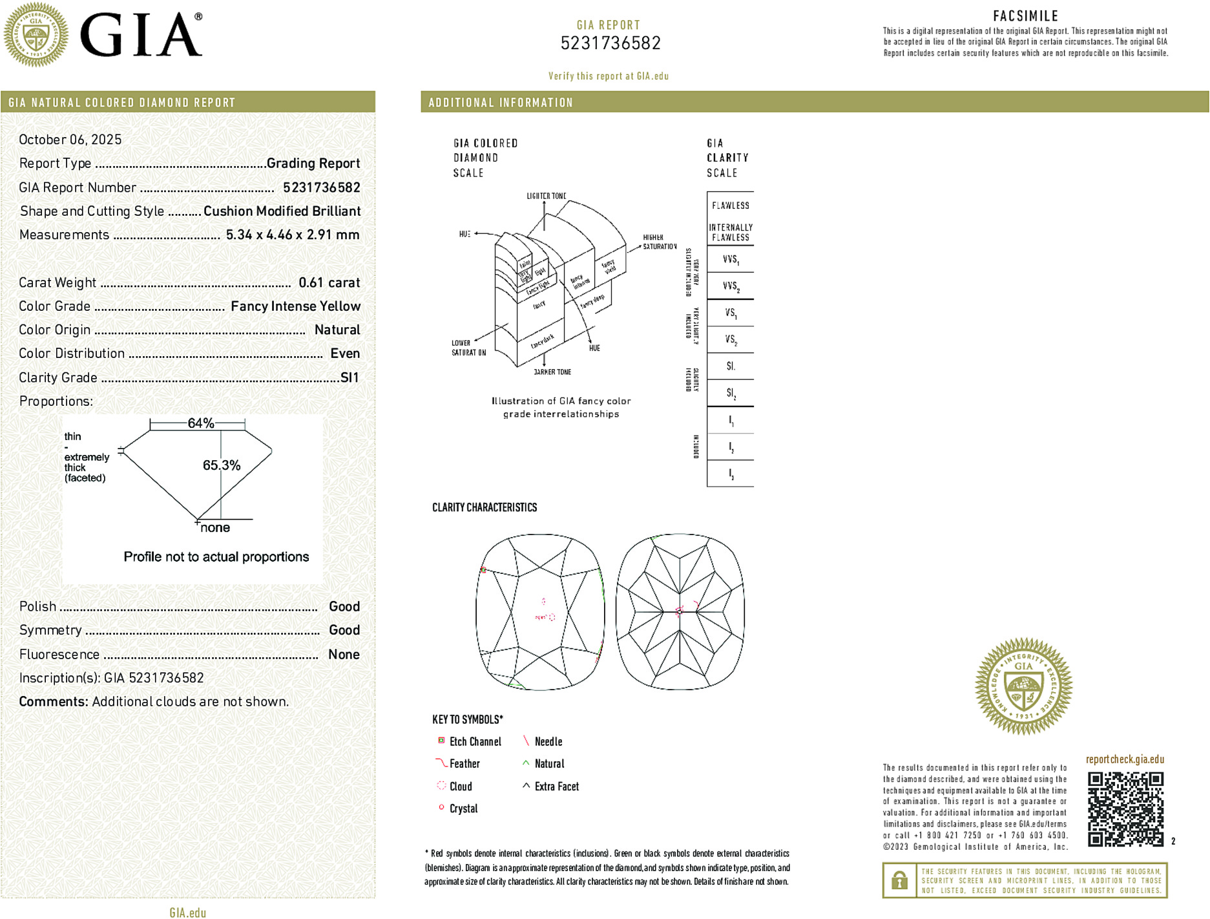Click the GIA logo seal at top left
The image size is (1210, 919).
tap(36, 35)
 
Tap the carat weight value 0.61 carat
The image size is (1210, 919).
tap(329, 282)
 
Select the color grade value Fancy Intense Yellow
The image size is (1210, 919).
tap(295, 306)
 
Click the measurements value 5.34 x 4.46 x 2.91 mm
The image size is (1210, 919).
tap(293, 235)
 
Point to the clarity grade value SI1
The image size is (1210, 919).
tap(349, 377)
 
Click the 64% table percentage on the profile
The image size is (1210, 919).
tap(200, 423)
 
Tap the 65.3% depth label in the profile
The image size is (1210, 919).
tap(222, 465)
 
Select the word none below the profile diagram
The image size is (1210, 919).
tap(215, 528)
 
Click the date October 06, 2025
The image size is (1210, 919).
tap(70, 140)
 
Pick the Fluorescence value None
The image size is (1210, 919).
tap(344, 654)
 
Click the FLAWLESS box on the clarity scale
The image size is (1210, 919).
tap(731, 206)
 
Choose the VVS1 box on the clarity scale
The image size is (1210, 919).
tap(731, 260)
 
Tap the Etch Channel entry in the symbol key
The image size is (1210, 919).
tap(475, 742)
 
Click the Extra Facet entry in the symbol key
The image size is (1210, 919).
tap(556, 787)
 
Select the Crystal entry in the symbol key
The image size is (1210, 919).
tap(463, 808)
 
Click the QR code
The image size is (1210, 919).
tap(1125, 808)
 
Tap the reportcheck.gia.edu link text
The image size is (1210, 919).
tap(1125, 759)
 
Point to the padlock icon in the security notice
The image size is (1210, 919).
tap(899, 880)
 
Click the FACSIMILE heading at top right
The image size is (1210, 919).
tap(1025, 16)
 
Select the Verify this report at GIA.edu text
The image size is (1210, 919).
tap(609, 76)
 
